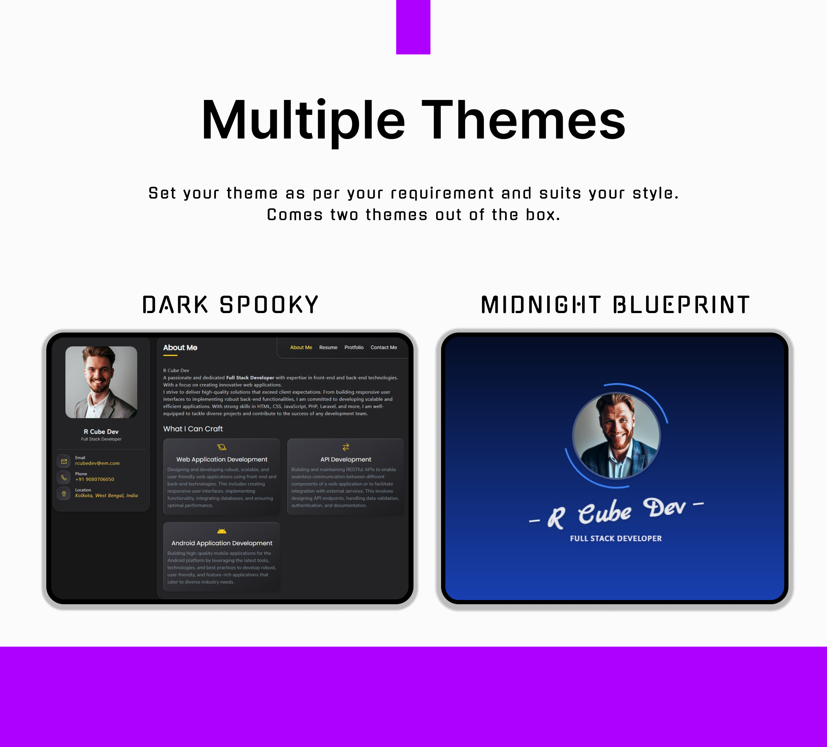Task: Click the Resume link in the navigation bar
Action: click(328, 347)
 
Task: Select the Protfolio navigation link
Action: click(354, 347)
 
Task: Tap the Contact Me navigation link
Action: click(383, 347)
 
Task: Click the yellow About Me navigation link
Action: click(301, 347)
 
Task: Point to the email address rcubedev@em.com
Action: click(97, 463)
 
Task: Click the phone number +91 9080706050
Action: click(94, 479)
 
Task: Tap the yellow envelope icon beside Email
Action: click(64, 461)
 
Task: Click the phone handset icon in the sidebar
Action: click(64, 477)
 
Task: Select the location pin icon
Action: click(64, 494)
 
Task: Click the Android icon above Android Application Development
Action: click(222, 531)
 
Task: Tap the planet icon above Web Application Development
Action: click(222, 447)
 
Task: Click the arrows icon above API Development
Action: click(345, 447)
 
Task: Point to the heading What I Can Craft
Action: click(193, 429)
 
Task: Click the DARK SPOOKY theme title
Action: click(230, 305)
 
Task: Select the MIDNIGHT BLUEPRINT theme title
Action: click(615, 305)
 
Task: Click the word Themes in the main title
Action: click(523, 120)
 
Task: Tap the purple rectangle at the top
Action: click(413, 27)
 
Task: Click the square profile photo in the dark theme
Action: click(101, 382)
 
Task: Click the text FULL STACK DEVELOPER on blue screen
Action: click(615, 538)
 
